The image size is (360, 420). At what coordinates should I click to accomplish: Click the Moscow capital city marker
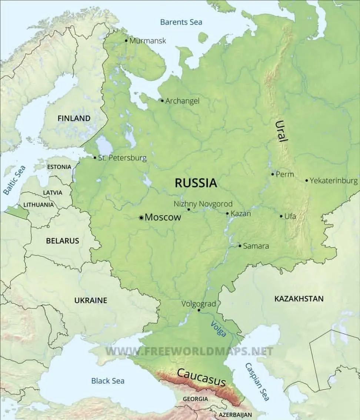pyautogui.click(x=141, y=218)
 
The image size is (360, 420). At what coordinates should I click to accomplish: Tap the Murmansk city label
pyautogui.click(x=148, y=41)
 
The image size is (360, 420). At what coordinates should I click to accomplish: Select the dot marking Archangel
pyautogui.click(x=162, y=100)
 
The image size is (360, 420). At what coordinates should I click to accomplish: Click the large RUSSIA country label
pyautogui.click(x=196, y=183)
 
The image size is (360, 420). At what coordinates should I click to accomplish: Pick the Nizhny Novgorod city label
pyautogui.click(x=203, y=204)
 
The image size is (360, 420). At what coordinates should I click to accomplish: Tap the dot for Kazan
pyautogui.click(x=227, y=213)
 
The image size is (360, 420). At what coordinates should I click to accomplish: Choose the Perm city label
pyautogui.click(x=285, y=174)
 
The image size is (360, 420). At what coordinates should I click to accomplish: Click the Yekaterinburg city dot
pyautogui.click(x=307, y=181)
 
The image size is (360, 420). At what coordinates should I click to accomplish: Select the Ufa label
pyautogui.click(x=290, y=216)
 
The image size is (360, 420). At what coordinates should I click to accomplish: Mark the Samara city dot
pyautogui.click(x=240, y=246)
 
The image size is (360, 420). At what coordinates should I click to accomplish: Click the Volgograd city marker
pyautogui.click(x=199, y=310)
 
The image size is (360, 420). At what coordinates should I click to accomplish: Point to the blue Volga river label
pyautogui.click(x=218, y=329)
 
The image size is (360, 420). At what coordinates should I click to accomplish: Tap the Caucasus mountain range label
pyautogui.click(x=201, y=377)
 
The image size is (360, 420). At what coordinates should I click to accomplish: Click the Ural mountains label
pyautogui.click(x=281, y=131)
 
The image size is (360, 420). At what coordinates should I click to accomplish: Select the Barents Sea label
pyautogui.click(x=181, y=22)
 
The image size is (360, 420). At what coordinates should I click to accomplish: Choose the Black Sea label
pyautogui.click(x=108, y=380)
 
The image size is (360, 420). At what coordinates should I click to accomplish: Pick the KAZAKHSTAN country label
pyautogui.click(x=299, y=299)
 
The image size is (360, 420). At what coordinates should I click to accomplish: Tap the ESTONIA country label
pyautogui.click(x=59, y=167)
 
